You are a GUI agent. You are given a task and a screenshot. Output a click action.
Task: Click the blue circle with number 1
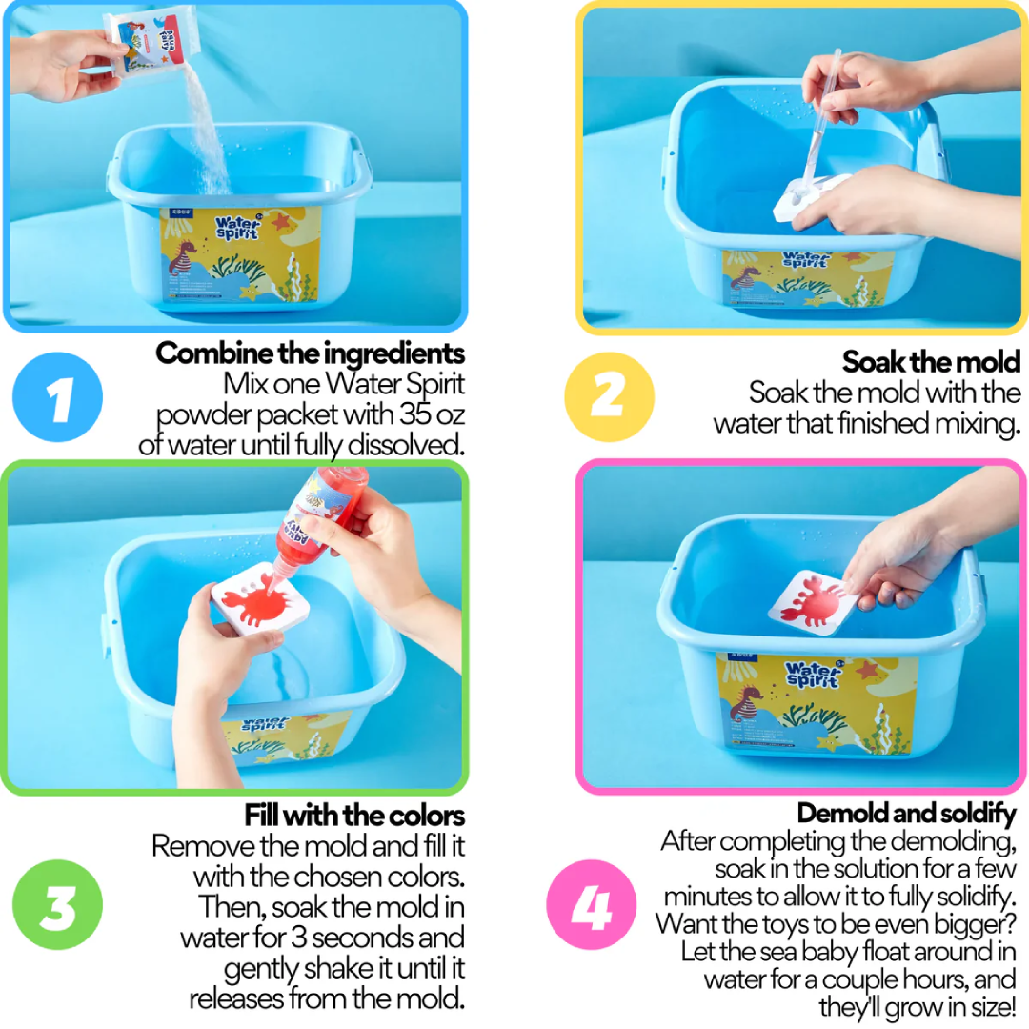click(x=58, y=397)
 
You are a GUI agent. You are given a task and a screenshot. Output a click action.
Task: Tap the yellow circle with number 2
click(x=609, y=397)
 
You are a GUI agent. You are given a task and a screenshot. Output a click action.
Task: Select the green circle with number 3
click(x=58, y=904)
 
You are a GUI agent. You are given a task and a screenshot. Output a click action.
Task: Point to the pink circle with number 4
click(x=592, y=904)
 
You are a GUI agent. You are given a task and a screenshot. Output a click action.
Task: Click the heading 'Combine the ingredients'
click(x=310, y=353)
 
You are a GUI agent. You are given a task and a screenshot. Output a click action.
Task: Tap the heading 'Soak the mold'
click(x=931, y=362)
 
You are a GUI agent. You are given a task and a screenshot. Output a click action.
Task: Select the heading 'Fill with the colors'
click(x=354, y=816)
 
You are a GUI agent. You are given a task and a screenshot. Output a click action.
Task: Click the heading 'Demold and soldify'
click(x=906, y=813)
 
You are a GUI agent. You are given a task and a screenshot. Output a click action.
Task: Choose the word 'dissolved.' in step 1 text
click(x=406, y=445)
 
